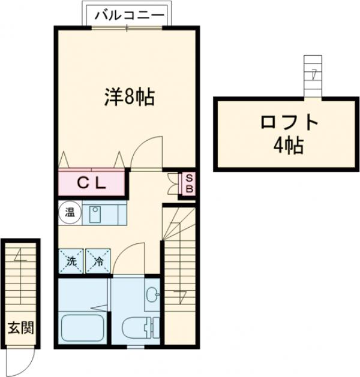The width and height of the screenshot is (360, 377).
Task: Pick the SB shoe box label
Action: tap(188, 183)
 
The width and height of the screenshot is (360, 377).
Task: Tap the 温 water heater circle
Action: tap(69, 212)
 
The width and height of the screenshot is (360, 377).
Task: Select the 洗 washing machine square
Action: tap(71, 261)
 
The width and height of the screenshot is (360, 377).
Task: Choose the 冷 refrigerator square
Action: tap(98, 261)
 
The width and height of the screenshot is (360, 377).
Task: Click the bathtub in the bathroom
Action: tap(84, 327)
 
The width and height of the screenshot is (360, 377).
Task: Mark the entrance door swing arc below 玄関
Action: tap(26, 361)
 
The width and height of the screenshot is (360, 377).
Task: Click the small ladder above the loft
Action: tap(313, 76)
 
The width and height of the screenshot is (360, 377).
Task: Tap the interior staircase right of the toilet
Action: tap(179, 276)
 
